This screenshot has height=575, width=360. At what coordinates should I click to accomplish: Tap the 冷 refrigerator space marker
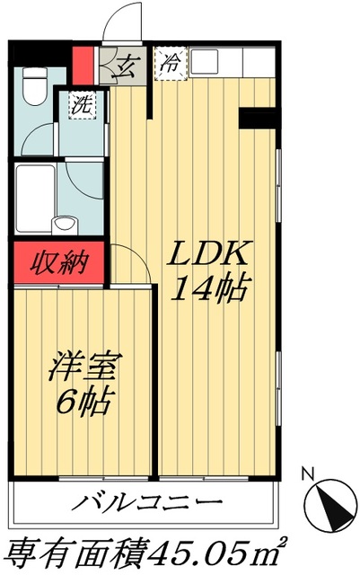[x=169, y=65]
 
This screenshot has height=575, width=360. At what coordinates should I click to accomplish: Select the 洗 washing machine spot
[x=79, y=104]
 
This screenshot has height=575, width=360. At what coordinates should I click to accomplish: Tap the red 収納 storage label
[x=58, y=264]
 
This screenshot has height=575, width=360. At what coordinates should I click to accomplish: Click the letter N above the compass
[x=307, y=473]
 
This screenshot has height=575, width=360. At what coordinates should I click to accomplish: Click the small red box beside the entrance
[x=83, y=64]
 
